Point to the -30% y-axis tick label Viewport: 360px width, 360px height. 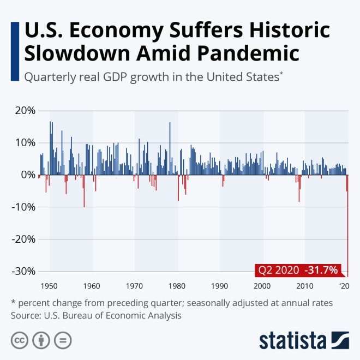click(x=22, y=271)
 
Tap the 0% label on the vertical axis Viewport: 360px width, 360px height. click(x=27, y=175)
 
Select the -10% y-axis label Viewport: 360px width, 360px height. click(x=22, y=207)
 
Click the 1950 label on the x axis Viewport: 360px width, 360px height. click(x=49, y=286)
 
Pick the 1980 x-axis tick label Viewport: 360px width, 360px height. click(x=177, y=286)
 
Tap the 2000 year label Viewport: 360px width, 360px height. click(x=262, y=286)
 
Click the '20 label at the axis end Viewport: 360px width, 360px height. click(x=344, y=286)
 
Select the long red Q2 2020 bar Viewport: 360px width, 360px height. click(x=347, y=229)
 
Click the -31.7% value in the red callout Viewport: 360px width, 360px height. click(x=322, y=270)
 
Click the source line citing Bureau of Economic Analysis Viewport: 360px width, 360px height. click(x=95, y=315)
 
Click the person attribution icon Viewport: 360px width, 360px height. click(x=41, y=340)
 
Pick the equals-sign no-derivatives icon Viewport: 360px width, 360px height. click(x=63, y=340)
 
